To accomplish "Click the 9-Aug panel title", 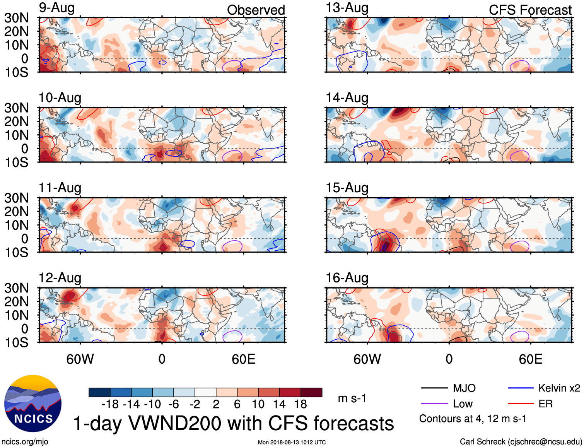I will point(56,8).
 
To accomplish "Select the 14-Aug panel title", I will point(347,98).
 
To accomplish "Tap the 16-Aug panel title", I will point(347,278).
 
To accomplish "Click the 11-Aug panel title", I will point(60,188).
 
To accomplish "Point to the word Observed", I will point(256,10).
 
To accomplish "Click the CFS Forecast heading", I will point(530,10).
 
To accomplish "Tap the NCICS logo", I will point(33,404).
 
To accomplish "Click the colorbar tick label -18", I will point(110,404).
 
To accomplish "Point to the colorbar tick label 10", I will point(258,404).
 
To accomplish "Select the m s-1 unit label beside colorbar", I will point(352,398).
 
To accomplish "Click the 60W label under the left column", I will point(80,359).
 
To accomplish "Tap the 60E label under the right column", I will point(531,359).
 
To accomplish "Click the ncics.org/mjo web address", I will point(25,441).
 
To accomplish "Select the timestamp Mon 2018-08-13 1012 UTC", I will point(292,442).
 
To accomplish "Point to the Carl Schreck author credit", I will point(521,441).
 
